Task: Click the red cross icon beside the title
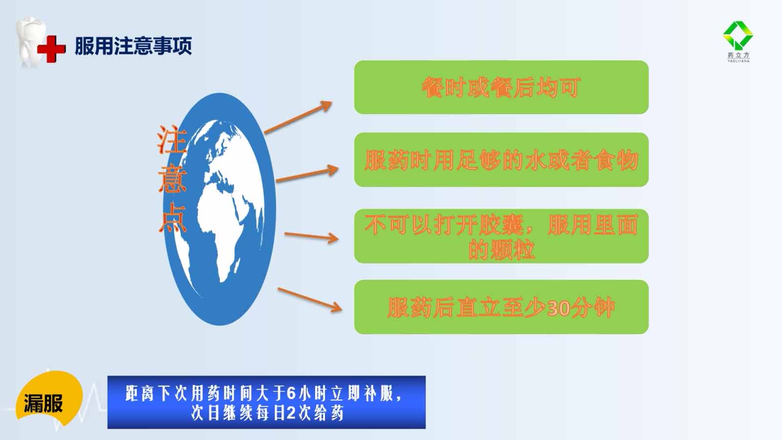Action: [x=51, y=49]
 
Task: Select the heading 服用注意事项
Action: [x=133, y=46]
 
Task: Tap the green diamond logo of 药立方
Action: [x=738, y=35]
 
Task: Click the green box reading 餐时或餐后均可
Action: [x=501, y=88]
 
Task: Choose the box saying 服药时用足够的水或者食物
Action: [x=501, y=159]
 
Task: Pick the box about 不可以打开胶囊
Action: [x=501, y=236]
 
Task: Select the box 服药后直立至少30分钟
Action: [x=501, y=307]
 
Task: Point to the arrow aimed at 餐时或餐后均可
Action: [x=298, y=117]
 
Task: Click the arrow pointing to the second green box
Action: [x=307, y=174]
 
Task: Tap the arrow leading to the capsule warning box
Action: [x=311, y=237]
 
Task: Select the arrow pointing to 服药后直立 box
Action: [x=310, y=300]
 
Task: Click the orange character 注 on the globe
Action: [x=172, y=140]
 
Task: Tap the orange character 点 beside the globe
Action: [x=173, y=218]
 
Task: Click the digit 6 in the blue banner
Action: [x=291, y=394]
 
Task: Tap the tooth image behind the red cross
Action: [x=31, y=42]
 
